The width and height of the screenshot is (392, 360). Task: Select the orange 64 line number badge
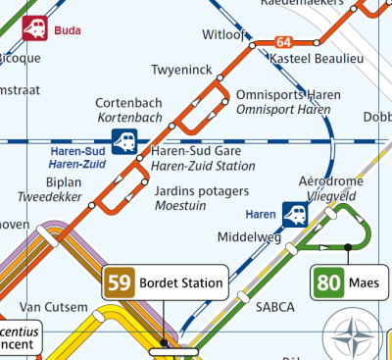284,42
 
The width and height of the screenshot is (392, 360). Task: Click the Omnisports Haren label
283,95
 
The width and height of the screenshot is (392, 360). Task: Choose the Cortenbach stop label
128,103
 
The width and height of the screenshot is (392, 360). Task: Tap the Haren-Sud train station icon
124,142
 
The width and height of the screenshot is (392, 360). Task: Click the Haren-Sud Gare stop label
195,152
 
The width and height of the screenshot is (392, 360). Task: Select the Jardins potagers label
202,191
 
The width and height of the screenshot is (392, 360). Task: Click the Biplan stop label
63,182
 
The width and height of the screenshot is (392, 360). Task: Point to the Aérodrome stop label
330,182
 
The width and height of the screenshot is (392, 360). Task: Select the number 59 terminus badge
120,284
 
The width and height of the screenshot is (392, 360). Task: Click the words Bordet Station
179,284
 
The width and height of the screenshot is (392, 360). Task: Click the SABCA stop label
274,307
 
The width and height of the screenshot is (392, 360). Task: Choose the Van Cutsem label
53,307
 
